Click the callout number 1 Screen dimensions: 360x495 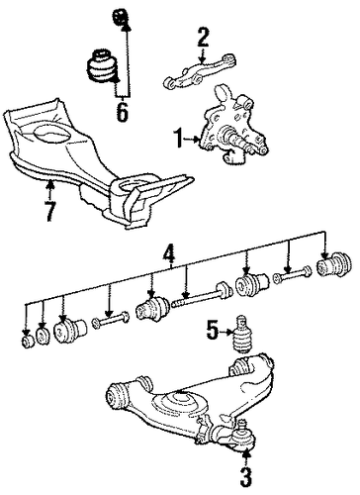pyautogui.click(x=179, y=139)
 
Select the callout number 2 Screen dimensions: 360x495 pyautogui.click(x=203, y=39)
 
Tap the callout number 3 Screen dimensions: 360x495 pyautogui.click(x=246, y=477)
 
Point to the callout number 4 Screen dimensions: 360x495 pyautogui.click(x=169, y=255)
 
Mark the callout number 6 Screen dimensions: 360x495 pyautogui.click(x=122, y=112)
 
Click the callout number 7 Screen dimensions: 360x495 pyautogui.click(x=49, y=211)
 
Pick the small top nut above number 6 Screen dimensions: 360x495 pyautogui.click(x=120, y=18)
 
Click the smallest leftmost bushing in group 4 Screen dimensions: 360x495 pyautogui.click(x=27, y=342)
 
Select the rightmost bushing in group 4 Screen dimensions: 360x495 pyautogui.click(x=333, y=263)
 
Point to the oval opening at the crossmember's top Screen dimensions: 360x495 pyautogui.click(x=49, y=134)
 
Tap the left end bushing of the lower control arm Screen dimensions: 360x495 pyautogui.click(x=117, y=396)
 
